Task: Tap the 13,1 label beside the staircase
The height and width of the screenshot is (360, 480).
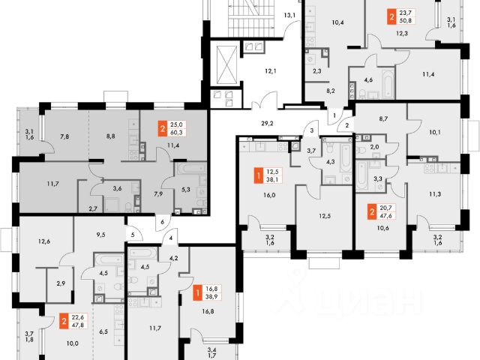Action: click(289, 15)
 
